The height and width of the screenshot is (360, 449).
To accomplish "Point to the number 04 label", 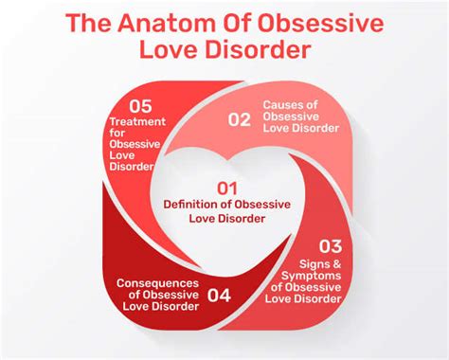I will (218, 295).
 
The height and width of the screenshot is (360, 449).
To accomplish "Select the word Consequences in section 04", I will (158, 281).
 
